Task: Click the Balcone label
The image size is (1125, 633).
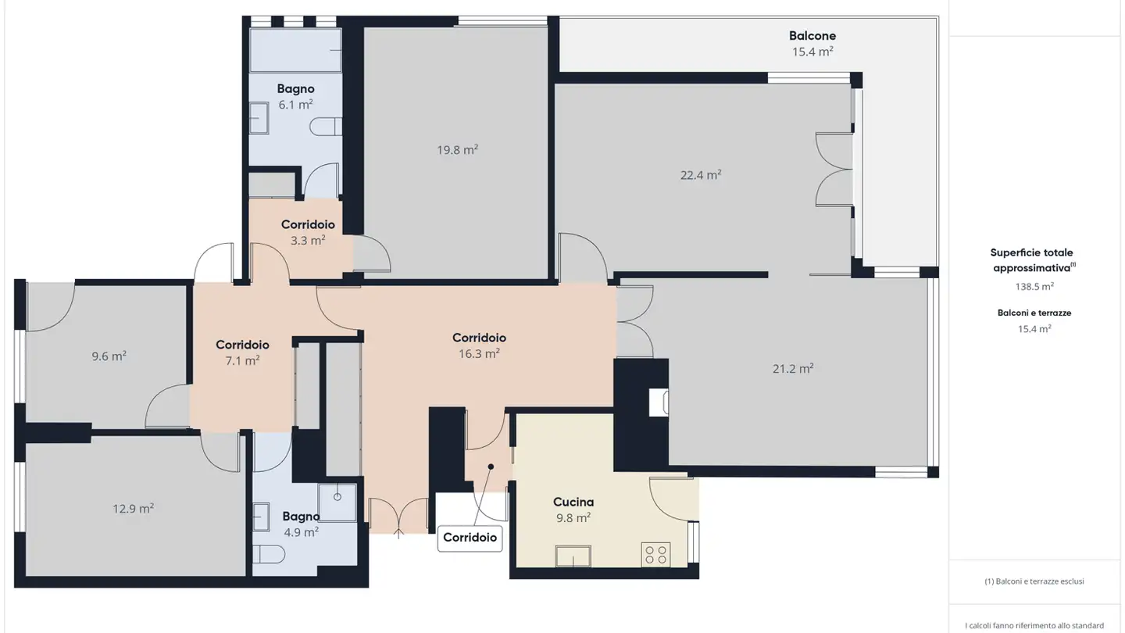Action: point(812,36)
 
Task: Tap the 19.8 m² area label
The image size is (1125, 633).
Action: point(457,150)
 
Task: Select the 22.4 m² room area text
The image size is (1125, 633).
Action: point(701,175)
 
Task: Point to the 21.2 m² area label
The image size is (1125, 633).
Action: point(793,369)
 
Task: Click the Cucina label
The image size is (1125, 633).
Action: point(573,502)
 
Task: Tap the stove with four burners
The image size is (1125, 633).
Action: point(655,555)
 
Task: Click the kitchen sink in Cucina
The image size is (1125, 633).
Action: point(573,556)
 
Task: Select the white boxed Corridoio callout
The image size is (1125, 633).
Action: point(470,538)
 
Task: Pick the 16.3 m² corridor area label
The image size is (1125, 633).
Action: point(479,354)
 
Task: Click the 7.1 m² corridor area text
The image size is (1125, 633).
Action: point(242,361)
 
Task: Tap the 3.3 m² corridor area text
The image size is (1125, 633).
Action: point(308,240)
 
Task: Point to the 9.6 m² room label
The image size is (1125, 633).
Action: point(109,356)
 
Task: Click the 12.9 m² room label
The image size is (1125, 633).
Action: point(133,509)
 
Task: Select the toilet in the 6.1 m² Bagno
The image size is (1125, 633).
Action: point(326,127)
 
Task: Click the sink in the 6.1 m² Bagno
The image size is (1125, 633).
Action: point(259,118)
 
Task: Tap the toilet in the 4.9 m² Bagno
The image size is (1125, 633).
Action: point(269,554)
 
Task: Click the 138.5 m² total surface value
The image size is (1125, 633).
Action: point(1034,286)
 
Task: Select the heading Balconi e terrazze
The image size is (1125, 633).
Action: point(1034,313)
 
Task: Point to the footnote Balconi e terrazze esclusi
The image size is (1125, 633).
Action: point(1034,581)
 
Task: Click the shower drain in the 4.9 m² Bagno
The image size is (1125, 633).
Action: point(337,497)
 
